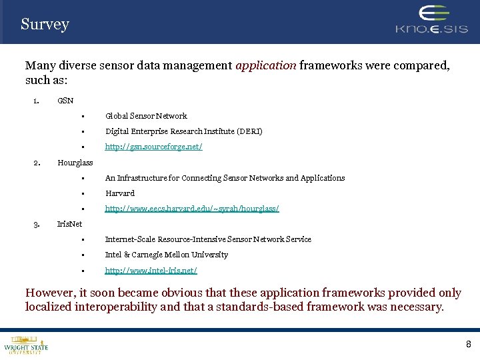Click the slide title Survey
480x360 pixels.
pos(45,25)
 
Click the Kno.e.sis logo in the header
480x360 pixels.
pos(432,21)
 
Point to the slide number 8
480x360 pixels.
pos(468,344)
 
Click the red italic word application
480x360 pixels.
pos(266,65)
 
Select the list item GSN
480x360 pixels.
pos(65,101)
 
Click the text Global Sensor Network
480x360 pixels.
pos(146,116)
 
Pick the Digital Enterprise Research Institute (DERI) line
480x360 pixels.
pos(183,131)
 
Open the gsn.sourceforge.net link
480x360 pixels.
pos(153,147)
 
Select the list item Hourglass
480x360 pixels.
pos(75,163)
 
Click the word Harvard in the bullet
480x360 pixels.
pos(120,193)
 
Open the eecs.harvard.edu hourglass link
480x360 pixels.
pos(192,209)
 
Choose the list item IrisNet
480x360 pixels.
pos(70,224)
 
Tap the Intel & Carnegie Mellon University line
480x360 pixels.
pos(167,255)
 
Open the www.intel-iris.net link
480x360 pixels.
pos(151,271)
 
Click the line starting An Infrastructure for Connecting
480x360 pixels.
pos(225,178)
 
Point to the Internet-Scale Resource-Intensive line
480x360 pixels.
pos(208,239)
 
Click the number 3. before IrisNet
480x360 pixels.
pos(37,224)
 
